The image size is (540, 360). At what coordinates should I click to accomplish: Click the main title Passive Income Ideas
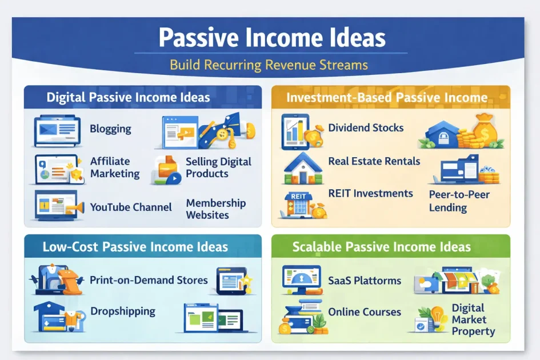coord(272,38)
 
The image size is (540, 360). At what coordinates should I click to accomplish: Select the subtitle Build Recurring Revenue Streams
coord(269,65)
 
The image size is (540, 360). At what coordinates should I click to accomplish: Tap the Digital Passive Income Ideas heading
coord(128,97)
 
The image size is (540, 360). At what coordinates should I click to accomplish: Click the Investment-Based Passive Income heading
coord(387,97)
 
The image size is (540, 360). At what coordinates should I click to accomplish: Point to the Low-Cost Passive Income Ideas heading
coord(135,247)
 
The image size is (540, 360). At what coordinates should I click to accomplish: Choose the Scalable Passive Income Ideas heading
coord(381,247)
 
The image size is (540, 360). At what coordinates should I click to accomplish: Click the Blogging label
coord(110,129)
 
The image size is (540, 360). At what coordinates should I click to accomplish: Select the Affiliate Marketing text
coord(114,167)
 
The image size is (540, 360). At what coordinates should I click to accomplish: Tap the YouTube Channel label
coord(131,207)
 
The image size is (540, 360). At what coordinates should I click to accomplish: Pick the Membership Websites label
coord(215,209)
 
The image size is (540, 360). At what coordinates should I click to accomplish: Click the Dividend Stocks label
coord(366,127)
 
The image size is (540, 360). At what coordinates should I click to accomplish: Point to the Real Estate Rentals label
coord(374,161)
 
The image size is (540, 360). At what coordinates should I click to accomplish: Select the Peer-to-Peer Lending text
coord(459,201)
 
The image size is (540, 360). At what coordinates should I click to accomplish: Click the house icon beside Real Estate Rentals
coord(302,164)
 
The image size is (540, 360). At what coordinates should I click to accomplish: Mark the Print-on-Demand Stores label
coord(149,280)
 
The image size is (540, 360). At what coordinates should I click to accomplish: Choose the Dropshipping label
coord(122,311)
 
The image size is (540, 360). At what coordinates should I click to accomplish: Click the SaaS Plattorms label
coord(365,281)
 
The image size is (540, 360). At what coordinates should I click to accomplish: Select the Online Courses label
coord(365,312)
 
